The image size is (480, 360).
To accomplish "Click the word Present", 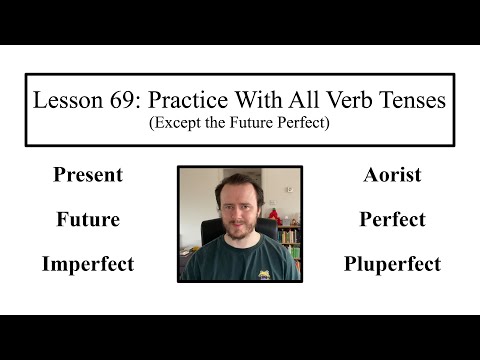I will point(88,175).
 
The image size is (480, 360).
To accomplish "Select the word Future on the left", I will point(88,219).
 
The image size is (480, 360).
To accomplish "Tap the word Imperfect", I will point(88,264).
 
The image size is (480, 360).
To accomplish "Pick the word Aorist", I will point(392,175).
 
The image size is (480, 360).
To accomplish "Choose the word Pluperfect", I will point(392,264).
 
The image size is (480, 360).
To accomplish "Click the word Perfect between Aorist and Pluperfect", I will point(392,219).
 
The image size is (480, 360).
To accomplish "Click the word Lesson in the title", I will point(67,100).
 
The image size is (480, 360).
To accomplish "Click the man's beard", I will point(238,236).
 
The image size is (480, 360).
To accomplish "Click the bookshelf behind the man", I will point(288,240).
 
